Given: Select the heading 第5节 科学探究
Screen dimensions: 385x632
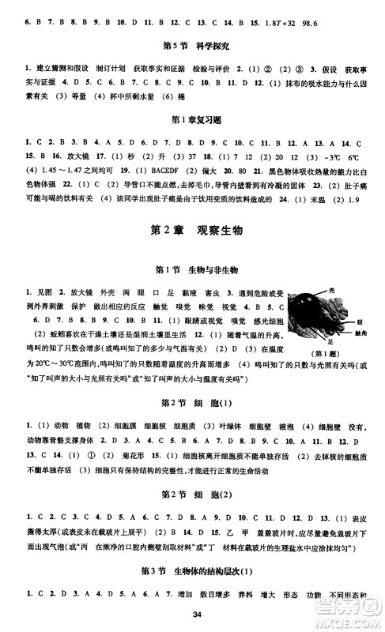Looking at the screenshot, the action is [192, 44].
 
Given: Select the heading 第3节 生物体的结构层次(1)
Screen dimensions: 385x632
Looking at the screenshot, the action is [192, 570].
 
